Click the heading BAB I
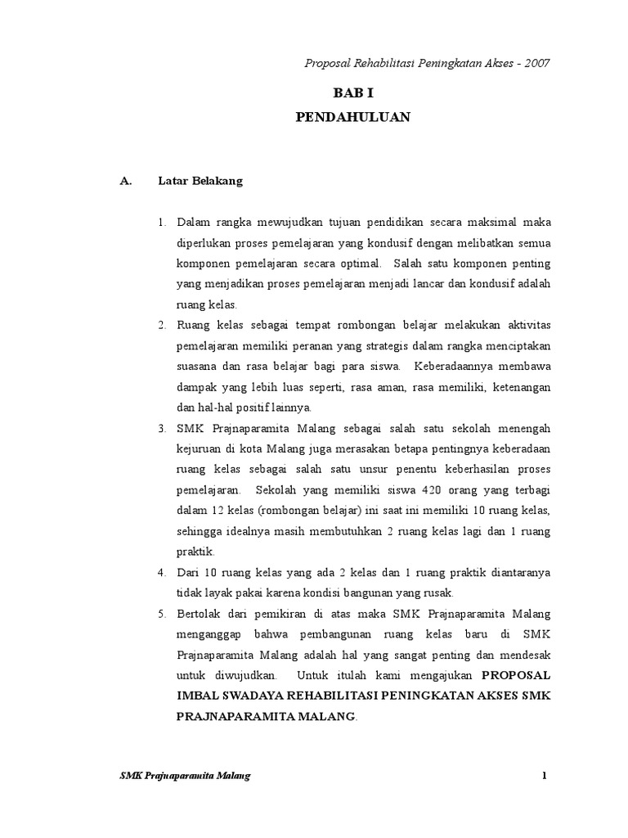click(x=352, y=94)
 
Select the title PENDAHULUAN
click(x=352, y=118)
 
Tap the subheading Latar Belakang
click(x=200, y=182)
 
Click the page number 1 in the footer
click(x=543, y=776)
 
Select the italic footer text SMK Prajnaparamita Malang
click(x=186, y=776)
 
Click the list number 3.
click(x=162, y=428)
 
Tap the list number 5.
click(x=162, y=613)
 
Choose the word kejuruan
click(x=200, y=449)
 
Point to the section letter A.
click(x=126, y=182)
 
